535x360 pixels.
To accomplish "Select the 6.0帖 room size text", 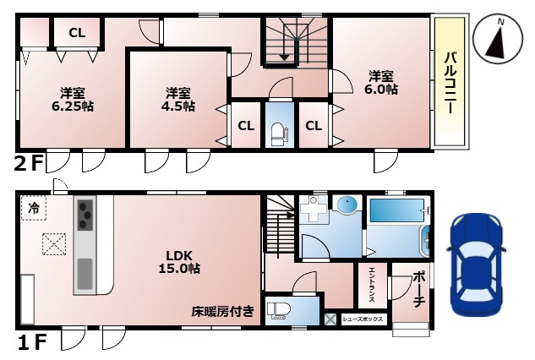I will pos(380,81).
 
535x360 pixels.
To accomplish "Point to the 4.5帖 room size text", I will pos(177,99).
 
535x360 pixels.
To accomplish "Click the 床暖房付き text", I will pos(222,311).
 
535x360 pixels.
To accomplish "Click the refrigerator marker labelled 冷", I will pos(34,206).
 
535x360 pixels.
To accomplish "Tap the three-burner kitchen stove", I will pos(85,215).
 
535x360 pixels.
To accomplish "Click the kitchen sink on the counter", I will pos(85,274).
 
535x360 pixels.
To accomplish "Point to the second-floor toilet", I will pos(278,129).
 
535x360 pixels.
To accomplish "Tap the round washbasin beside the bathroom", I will pos(346,205).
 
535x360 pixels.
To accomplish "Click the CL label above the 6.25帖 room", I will pos(77,33).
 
